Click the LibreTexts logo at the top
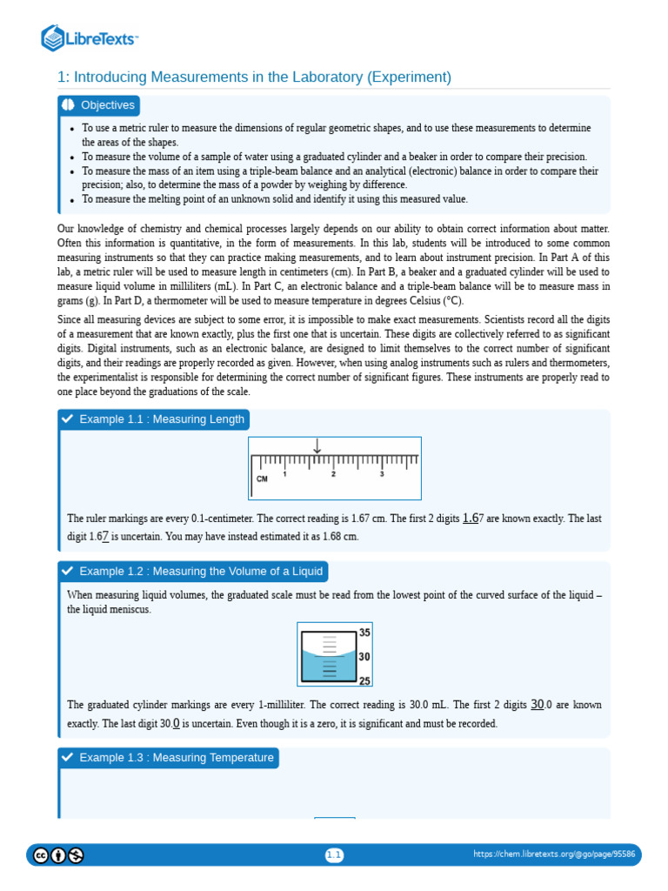(90, 38)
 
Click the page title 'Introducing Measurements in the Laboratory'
(254, 77)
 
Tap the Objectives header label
(108, 105)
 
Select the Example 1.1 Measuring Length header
(161, 419)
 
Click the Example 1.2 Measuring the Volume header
(200, 572)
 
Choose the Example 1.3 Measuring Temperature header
(176, 758)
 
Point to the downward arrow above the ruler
(317, 445)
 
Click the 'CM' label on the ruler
(262, 479)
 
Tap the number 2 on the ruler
(333, 474)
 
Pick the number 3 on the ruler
(381, 474)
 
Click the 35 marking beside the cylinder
(364, 633)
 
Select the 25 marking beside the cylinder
(364, 681)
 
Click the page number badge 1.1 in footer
(334, 855)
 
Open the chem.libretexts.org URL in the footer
(554, 855)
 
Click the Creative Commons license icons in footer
(58, 855)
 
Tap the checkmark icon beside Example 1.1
(68, 419)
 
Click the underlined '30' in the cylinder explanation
(538, 704)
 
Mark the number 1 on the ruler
(285, 474)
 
